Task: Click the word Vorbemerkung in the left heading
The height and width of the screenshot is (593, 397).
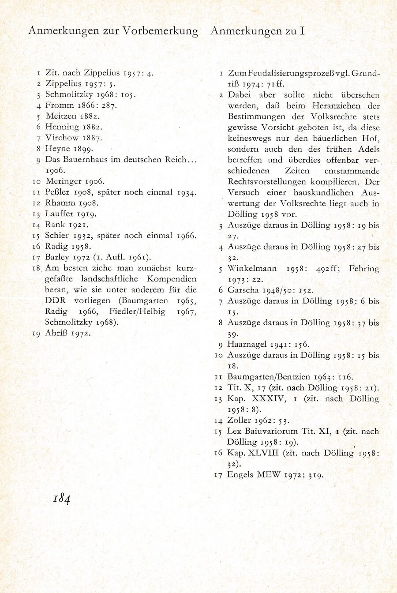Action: (x=161, y=31)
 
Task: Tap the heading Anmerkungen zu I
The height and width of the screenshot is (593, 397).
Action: (x=258, y=31)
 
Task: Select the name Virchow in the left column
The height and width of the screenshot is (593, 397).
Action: (x=60, y=138)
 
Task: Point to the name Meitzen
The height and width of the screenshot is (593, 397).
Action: (x=60, y=116)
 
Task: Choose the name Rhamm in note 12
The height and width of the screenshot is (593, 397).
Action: (x=60, y=203)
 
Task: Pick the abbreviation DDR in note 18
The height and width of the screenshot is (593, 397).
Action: (x=55, y=300)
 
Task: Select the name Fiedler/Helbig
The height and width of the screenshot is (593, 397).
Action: (x=138, y=312)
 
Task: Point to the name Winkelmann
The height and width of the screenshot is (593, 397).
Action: (x=252, y=269)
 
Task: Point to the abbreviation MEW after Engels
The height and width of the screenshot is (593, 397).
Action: (x=269, y=475)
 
